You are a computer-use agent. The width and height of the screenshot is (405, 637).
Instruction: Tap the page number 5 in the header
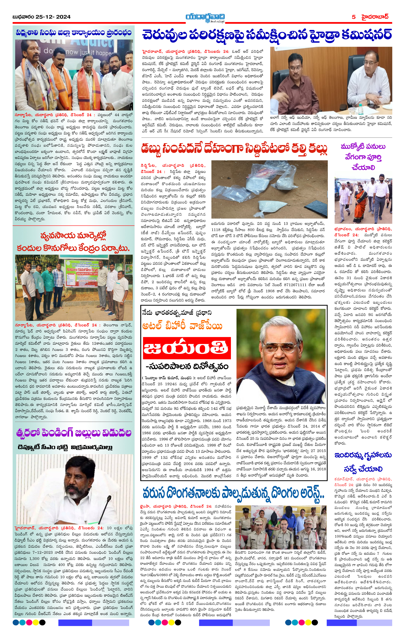(353, 17)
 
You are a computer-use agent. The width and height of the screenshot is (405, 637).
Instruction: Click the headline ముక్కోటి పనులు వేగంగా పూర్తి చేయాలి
(363, 157)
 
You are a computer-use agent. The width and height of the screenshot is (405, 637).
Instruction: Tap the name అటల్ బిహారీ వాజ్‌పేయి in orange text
(182, 326)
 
